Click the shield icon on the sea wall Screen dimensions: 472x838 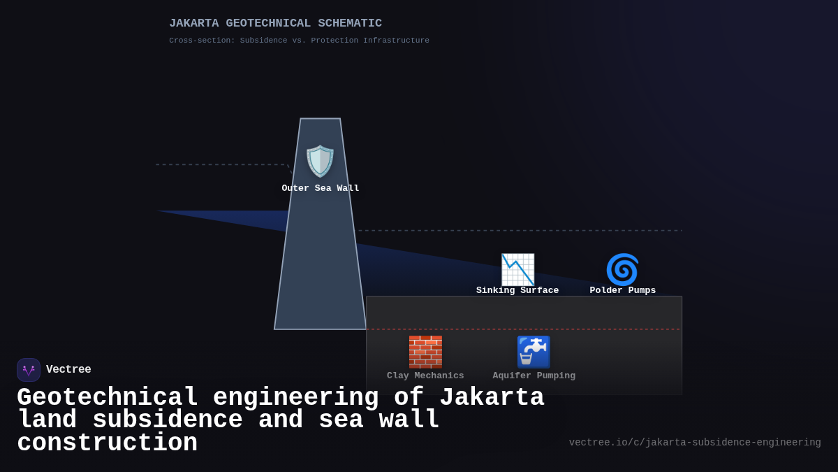click(320, 162)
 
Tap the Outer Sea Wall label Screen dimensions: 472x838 click(321, 189)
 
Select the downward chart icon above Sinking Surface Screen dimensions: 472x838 click(517, 270)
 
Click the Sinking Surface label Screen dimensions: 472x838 click(517, 291)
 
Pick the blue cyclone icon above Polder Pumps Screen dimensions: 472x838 click(622, 270)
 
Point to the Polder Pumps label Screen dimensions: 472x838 click(623, 291)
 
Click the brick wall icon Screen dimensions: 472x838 click(425, 352)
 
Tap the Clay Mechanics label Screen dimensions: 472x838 click(425, 376)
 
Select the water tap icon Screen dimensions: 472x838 click(534, 352)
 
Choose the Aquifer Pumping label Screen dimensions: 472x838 click(534, 376)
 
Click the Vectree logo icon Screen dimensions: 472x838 click(29, 370)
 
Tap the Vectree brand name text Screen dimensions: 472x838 click(68, 370)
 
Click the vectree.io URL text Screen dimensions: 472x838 click(695, 443)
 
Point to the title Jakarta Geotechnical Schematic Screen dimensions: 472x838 click(275, 24)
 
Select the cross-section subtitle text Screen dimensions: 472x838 click(299, 41)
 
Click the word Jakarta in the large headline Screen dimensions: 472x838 click(492, 398)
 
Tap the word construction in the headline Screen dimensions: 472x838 click(107, 443)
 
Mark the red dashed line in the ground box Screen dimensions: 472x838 click(524, 329)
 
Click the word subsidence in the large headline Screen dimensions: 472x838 click(168, 420)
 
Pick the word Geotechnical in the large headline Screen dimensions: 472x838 click(108, 398)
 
